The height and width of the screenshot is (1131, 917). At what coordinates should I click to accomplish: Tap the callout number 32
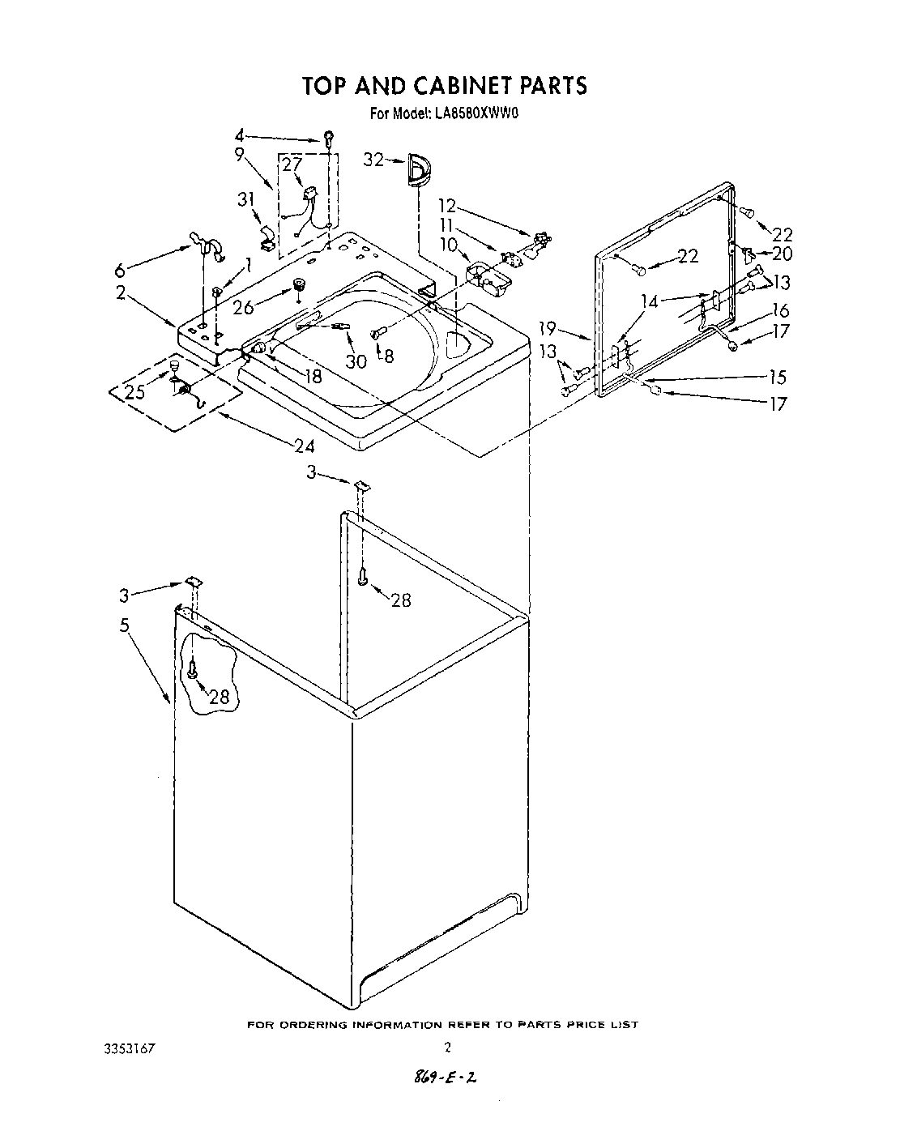(x=373, y=160)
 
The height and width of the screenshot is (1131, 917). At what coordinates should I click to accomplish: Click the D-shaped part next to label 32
(x=419, y=171)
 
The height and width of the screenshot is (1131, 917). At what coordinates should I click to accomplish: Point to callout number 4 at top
(x=239, y=136)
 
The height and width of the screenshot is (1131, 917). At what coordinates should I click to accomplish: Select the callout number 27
(x=292, y=164)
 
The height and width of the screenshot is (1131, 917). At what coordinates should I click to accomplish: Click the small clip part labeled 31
(x=267, y=236)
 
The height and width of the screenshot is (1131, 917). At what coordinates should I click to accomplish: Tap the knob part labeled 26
(x=299, y=286)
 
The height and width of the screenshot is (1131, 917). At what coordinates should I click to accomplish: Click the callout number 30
(x=356, y=361)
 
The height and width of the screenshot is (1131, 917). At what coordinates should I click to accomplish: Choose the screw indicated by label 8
(x=376, y=332)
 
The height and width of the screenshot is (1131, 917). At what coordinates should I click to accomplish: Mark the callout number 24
(x=305, y=445)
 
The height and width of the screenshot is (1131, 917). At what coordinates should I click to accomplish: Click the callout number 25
(x=135, y=392)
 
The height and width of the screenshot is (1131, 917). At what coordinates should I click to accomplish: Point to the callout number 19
(x=548, y=328)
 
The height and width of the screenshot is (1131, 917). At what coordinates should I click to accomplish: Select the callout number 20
(x=782, y=254)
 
